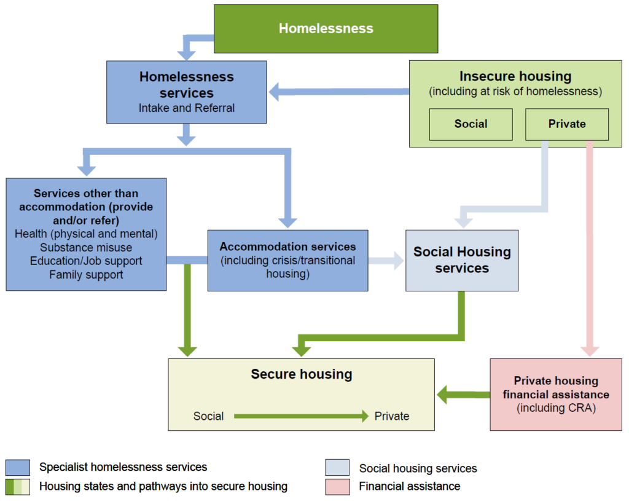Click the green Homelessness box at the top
[326, 28]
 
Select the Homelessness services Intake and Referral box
[186, 92]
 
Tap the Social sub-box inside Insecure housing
[471, 124]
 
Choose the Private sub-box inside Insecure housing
[566, 124]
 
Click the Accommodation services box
[287, 260]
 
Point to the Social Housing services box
[462, 260]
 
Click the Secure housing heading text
[301, 374]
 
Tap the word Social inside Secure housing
[208, 416]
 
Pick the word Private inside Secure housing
[391, 416]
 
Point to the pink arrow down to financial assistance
[590, 246]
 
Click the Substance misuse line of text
[86, 247]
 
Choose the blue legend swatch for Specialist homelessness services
[17, 468]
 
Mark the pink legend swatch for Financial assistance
[337, 487]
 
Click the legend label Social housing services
[418, 468]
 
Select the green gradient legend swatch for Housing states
[17, 487]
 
